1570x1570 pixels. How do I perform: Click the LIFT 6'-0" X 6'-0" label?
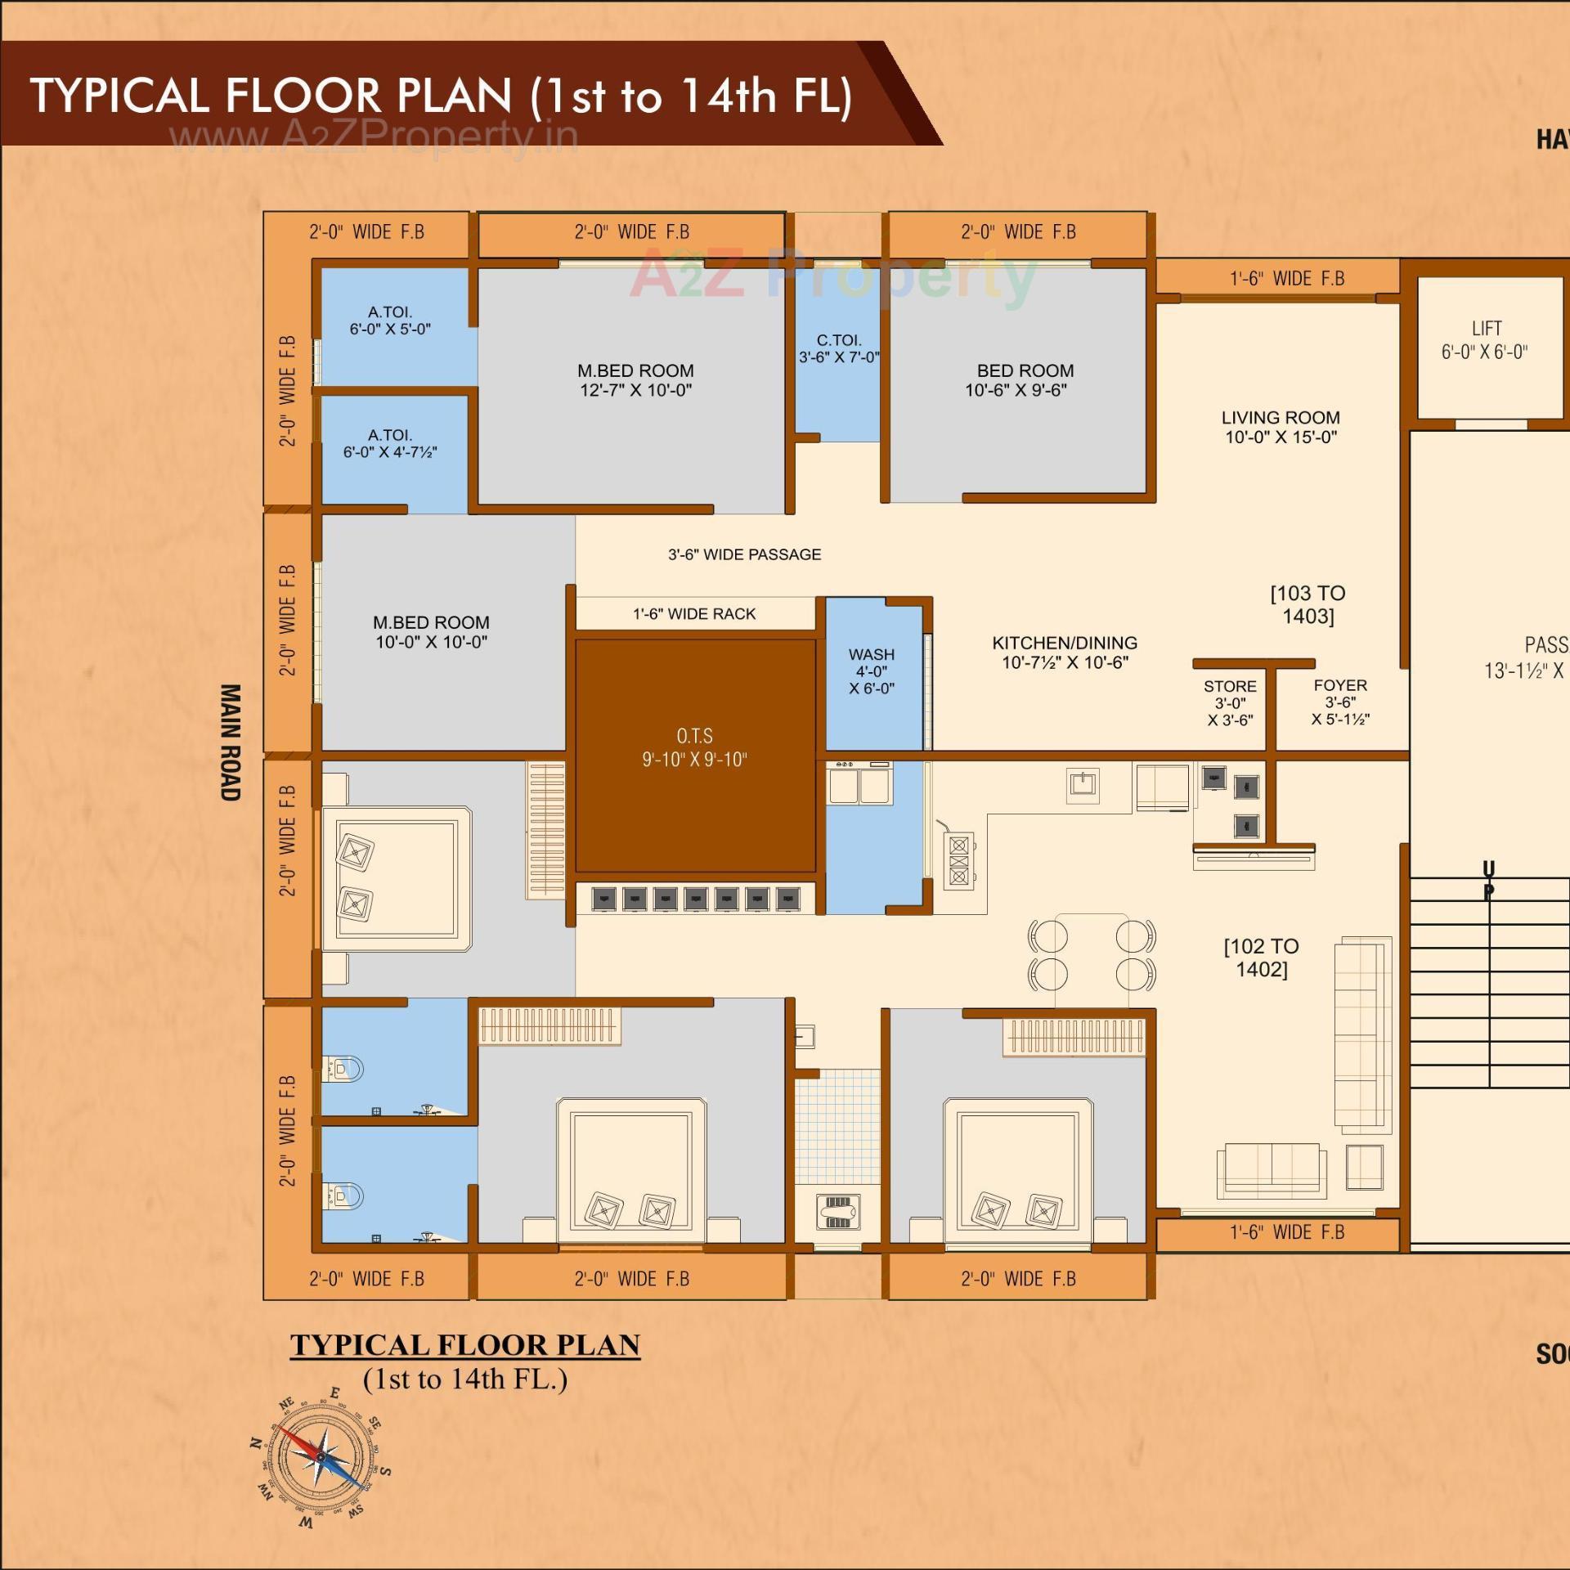(1485, 340)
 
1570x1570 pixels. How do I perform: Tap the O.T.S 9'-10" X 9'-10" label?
(694, 747)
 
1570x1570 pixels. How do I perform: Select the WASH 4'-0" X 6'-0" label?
(871, 671)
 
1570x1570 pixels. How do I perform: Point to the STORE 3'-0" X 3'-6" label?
(1230, 703)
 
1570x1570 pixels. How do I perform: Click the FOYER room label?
(1340, 702)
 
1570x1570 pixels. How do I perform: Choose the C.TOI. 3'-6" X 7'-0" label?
(839, 348)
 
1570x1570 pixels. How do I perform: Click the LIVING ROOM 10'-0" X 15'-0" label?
(1281, 427)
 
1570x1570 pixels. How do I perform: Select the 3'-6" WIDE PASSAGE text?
(744, 554)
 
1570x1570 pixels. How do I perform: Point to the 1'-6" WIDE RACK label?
(694, 614)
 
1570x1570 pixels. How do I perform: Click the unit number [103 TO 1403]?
(1308, 604)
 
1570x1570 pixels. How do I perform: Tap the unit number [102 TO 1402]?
(1261, 958)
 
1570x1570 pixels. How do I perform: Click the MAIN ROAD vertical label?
(231, 742)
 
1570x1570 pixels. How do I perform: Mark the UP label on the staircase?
(1488, 880)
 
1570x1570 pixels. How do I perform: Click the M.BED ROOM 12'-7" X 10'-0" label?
(635, 380)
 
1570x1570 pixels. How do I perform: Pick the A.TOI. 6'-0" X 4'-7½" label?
(390, 443)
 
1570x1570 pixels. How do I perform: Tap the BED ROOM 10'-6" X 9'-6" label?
(1019, 380)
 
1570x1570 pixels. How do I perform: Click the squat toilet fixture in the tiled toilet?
(837, 1211)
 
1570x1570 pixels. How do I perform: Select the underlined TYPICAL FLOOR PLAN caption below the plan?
(464, 1345)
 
